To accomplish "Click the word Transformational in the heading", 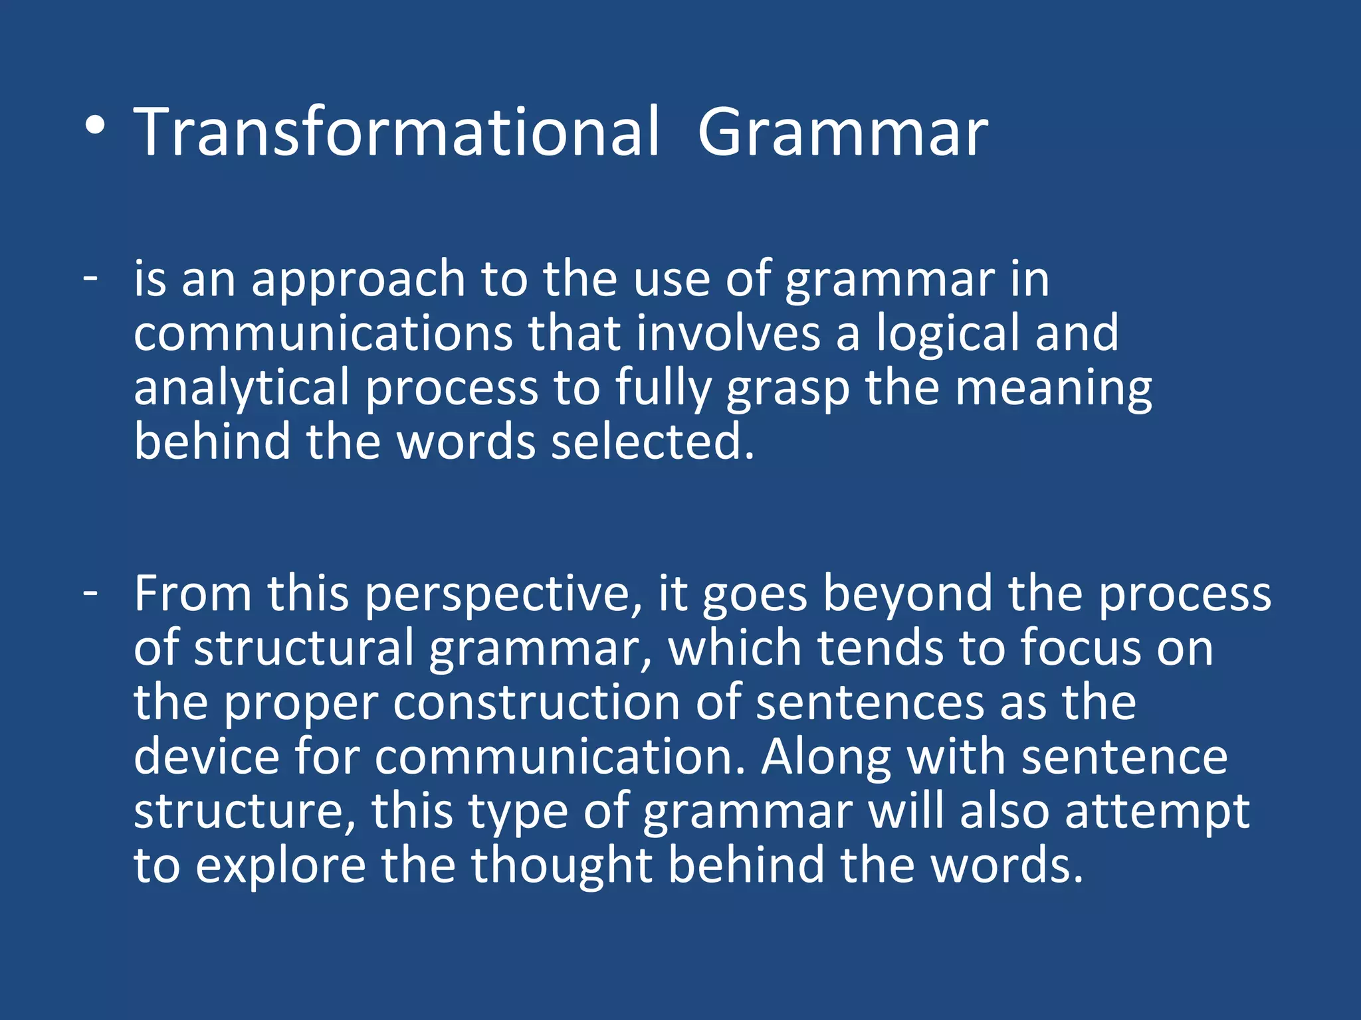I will coord(397,133).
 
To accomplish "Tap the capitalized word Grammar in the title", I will coord(843,133).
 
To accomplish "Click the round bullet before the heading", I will coord(95,126).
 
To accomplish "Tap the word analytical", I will coord(241,389).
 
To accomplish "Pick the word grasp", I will coord(787,389).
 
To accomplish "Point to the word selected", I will coord(653,442).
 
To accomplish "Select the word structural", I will coord(304,648).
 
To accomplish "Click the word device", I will coord(206,757).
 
